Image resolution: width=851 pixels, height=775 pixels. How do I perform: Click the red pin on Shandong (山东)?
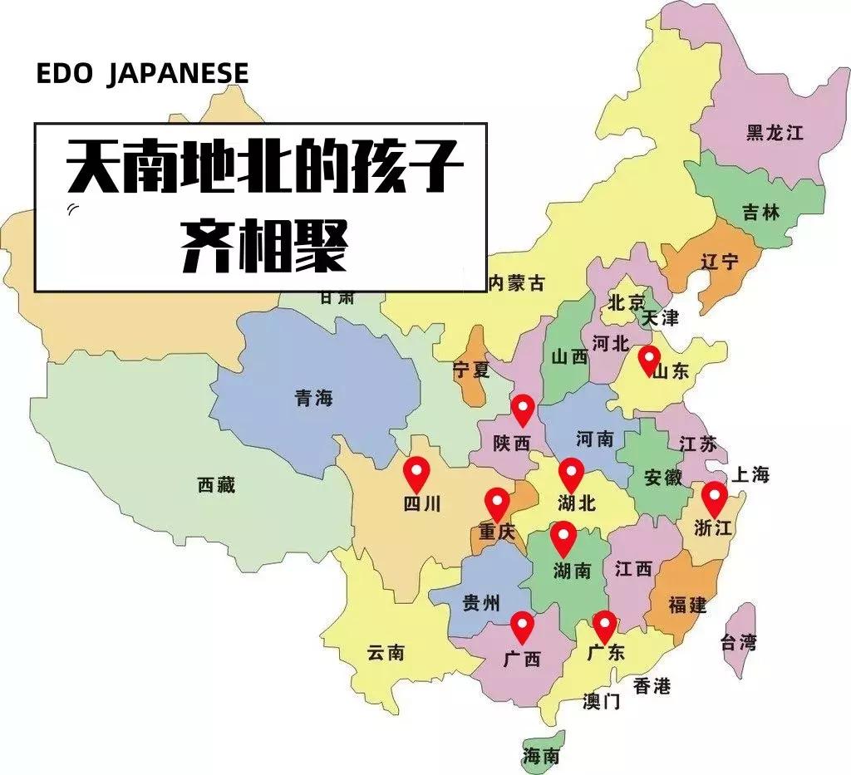pos(649,360)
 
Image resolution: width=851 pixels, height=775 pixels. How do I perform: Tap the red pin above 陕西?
pos(522,408)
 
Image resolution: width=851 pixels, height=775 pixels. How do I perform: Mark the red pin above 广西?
pos(522,625)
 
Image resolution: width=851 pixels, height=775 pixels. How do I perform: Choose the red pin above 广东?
pos(604,625)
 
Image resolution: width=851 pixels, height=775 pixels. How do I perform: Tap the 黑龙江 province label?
pos(775,133)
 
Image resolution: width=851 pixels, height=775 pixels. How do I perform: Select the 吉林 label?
pos(762,212)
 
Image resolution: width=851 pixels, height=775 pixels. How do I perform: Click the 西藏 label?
pos(216,485)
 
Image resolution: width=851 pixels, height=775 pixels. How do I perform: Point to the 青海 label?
pos(313,398)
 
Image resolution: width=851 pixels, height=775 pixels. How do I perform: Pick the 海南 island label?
pos(541,756)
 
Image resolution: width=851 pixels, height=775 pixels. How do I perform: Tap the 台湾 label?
pos(738,641)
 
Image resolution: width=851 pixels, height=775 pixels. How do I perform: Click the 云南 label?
pos(386,653)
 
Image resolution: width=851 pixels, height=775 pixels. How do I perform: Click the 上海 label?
pos(750,475)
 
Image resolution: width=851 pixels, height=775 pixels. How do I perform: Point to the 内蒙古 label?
pos(516,283)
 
